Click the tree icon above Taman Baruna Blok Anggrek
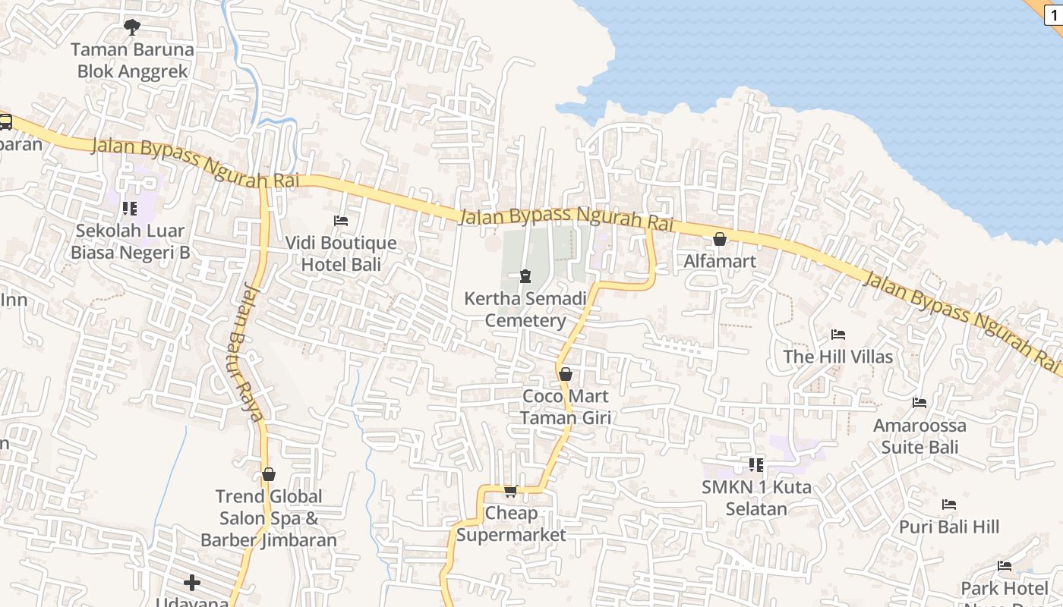pyautogui.click(x=132, y=27)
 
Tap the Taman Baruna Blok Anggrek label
pyautogui.click(x=132, y=61)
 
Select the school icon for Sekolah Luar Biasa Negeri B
pyautogui.click(x=130, y=208)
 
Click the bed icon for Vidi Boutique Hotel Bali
pyautogui.click(x=341, y=221)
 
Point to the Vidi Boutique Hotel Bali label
pyautogui.click(x=341, y=253)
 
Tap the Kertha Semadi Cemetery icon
pyautogui.click(x=525, y=276)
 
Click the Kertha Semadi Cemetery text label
pyautogui.click(x=525, y=310)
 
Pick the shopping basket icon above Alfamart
pyautogui.click(x=720, y=240)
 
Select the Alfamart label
pyautogui.click(x=720, y=262)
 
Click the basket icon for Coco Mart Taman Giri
pyautogui.click(x=566, y=374)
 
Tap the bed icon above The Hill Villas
pyautogui.click(x=838, y=335)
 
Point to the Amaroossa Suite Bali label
pyautogui.click(x=919, y=436)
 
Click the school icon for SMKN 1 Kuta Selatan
pyautogui.click(x=755, y=464)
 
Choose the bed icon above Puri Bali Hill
pyautogui.click(x=949, y=505)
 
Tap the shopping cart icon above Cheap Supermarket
pyautogui.click(x=511, y=491)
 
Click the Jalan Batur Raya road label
pyautogui.click(x=248, y=351)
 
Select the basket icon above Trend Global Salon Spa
pyautogui.click(x=269, y=475)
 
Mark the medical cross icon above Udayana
pyautogui.click(x=192, y=583)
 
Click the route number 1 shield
pyautogui.click(x=1055, y=13)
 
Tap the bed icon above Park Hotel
pyautogui.click(x=1005, y=566)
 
